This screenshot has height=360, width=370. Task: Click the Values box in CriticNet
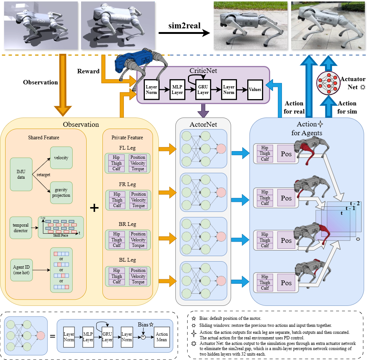point(255,90)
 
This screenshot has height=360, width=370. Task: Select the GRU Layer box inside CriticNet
point(203,90)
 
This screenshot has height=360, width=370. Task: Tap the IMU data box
point(21,174)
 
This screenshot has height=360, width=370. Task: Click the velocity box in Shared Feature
point(61,158)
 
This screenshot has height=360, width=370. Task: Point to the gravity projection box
point(61,192)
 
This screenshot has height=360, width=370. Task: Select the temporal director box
point(21,228)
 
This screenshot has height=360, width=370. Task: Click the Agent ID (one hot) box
point(21,270)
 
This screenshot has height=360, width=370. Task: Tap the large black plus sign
point(94,208)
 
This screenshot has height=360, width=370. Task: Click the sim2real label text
point(184,25)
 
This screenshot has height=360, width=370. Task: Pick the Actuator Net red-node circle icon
point(328,83)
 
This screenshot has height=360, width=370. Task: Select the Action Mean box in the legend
point(162,337)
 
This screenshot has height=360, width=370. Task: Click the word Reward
point(88,71)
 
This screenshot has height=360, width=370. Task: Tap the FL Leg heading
point(128,148)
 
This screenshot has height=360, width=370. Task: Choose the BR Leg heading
point(128,224)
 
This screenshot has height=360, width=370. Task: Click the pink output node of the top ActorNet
point(221,148)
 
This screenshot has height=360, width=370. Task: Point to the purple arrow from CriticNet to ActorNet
point(203,111)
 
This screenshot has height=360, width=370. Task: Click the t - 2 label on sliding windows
point(355,203)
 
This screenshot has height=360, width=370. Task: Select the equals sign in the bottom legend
point(52,336)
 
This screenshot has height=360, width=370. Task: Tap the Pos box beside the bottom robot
point(286,283)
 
